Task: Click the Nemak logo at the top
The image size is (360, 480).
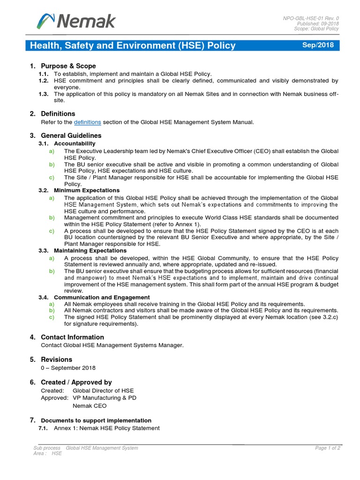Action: tap(76, 21)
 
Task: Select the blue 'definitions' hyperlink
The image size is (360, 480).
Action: tap(88, 122)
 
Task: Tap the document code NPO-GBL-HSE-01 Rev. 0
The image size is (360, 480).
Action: tap(310, 18)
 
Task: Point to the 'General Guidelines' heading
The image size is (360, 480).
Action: tap(71, 135)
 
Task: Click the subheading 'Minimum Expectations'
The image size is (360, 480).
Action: tap(87, 190)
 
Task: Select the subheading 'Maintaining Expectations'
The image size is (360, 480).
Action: tap(90, 251)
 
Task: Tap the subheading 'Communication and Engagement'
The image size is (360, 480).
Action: tap(102, 297)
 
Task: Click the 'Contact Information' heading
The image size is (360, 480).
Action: tap(72, 337)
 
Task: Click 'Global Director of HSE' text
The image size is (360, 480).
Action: tap(103, 390)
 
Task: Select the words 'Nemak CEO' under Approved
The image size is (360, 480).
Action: tap(90, 405)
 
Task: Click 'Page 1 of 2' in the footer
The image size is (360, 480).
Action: tap(327, 448)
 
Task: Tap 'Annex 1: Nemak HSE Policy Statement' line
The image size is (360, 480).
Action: tap(106, 428)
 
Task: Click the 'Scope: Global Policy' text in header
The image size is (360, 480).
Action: tap(316, 29)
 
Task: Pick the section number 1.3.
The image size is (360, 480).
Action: tap(43, 94)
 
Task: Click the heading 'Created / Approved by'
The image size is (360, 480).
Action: tap(76, 382)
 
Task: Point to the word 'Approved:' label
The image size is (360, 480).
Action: tap(54, 398)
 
